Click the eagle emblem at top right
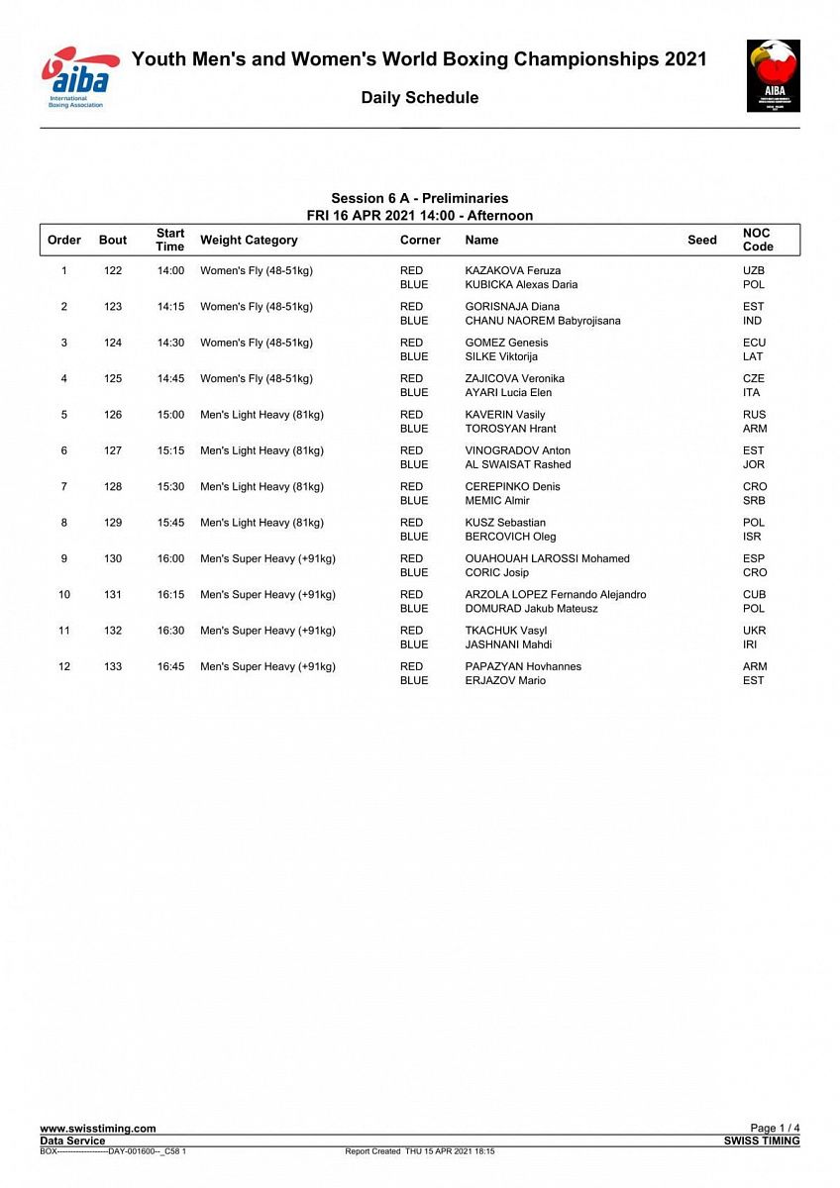773,76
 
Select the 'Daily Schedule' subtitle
419,98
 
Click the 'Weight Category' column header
249,240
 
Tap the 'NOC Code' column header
757,240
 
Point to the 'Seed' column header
701,240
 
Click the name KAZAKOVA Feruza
512,270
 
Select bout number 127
113,450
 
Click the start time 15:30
170,486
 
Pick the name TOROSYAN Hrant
510,429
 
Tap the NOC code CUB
754,594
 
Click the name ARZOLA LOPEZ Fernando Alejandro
555,594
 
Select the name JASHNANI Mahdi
508,644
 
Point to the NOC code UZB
754,270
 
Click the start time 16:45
170,666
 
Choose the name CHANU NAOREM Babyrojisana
543,321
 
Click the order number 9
64,558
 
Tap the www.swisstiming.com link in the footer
97,1129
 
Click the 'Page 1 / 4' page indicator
775,1129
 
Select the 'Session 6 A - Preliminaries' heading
419,199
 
